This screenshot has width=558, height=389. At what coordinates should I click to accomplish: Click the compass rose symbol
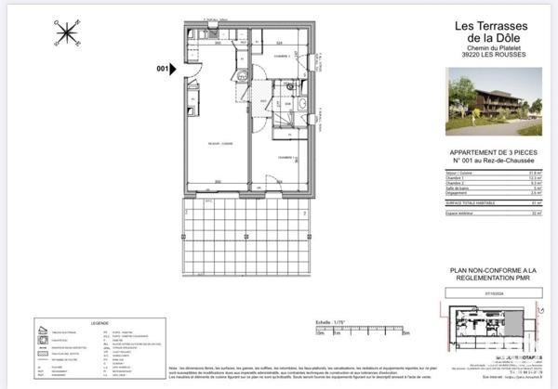(67, 33)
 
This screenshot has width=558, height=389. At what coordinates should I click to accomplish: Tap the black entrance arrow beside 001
(174, 68)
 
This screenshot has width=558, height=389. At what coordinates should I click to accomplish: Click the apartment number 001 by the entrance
(162, 68)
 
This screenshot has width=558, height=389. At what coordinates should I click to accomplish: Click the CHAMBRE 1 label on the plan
(286, 157)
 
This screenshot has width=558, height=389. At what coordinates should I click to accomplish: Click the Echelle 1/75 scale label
(330, 323)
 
